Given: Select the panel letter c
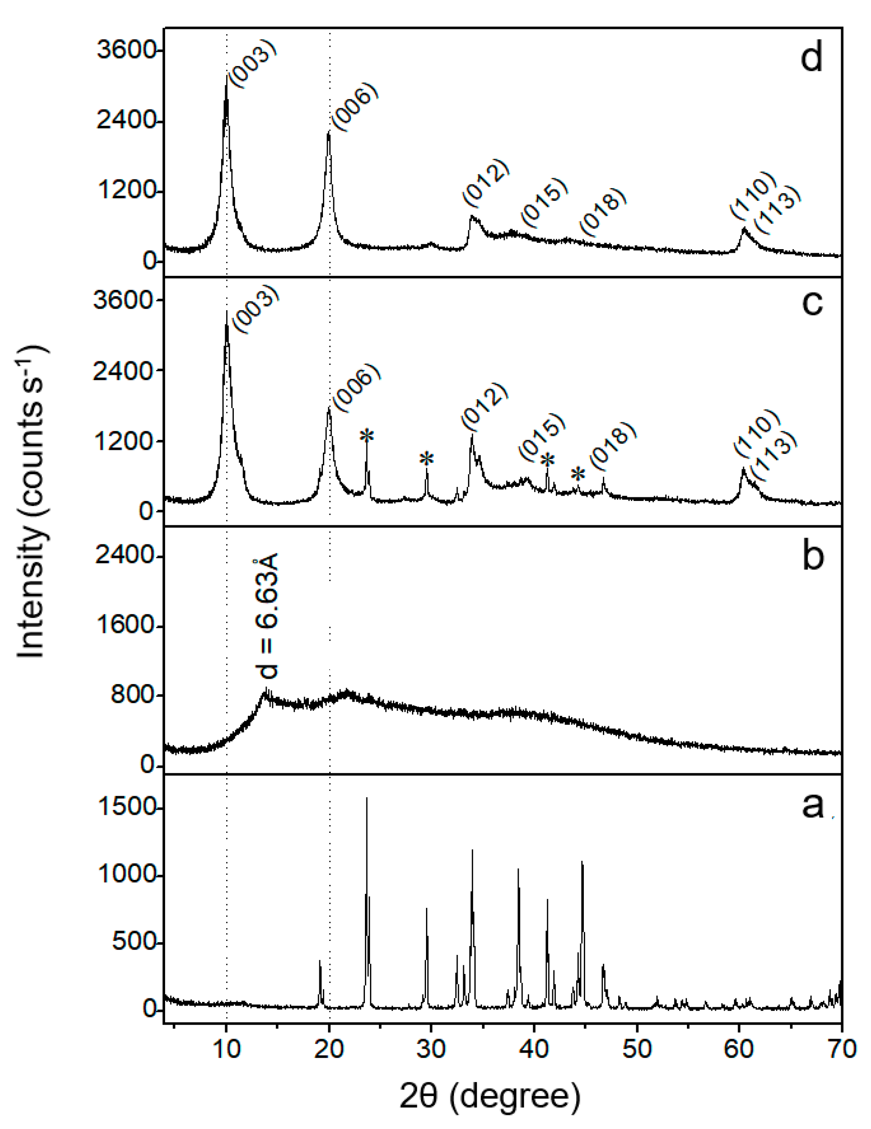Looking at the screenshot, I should coord(812,303).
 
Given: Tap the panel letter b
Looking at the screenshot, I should coord(813,556).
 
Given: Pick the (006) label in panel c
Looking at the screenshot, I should coord(356,387).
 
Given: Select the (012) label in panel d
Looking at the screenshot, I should coord(486,181).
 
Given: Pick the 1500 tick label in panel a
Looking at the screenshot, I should coord(127,807).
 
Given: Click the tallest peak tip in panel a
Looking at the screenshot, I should coord(367,798).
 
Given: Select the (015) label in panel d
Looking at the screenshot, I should coord(544,201).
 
